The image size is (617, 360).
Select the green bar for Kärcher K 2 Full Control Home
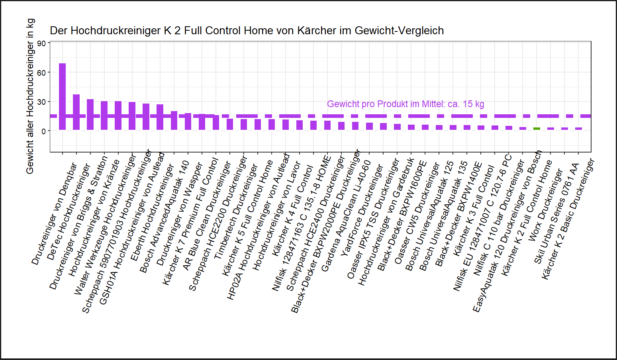tap(537, 129)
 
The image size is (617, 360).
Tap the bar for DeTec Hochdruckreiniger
tap(76, 112)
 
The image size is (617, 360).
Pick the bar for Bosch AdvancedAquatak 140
tap(174, 120)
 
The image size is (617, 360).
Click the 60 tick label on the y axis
tap(41, 73)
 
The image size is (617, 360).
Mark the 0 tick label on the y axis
tap(43, 131)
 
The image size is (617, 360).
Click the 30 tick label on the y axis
tap(41, 102)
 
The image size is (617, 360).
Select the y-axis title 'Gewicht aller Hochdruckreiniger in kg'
tap(30, 96)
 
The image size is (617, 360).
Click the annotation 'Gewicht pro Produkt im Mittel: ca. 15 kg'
tap(405, 104)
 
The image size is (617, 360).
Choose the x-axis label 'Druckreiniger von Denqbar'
tap(54, 214)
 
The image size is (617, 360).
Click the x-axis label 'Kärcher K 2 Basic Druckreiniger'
tap(568, 219)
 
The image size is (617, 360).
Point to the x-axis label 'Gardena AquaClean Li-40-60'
tap(346, 216)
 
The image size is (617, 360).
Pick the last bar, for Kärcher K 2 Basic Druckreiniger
tap(578, 129)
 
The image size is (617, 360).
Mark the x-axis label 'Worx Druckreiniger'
tap(546, 205)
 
